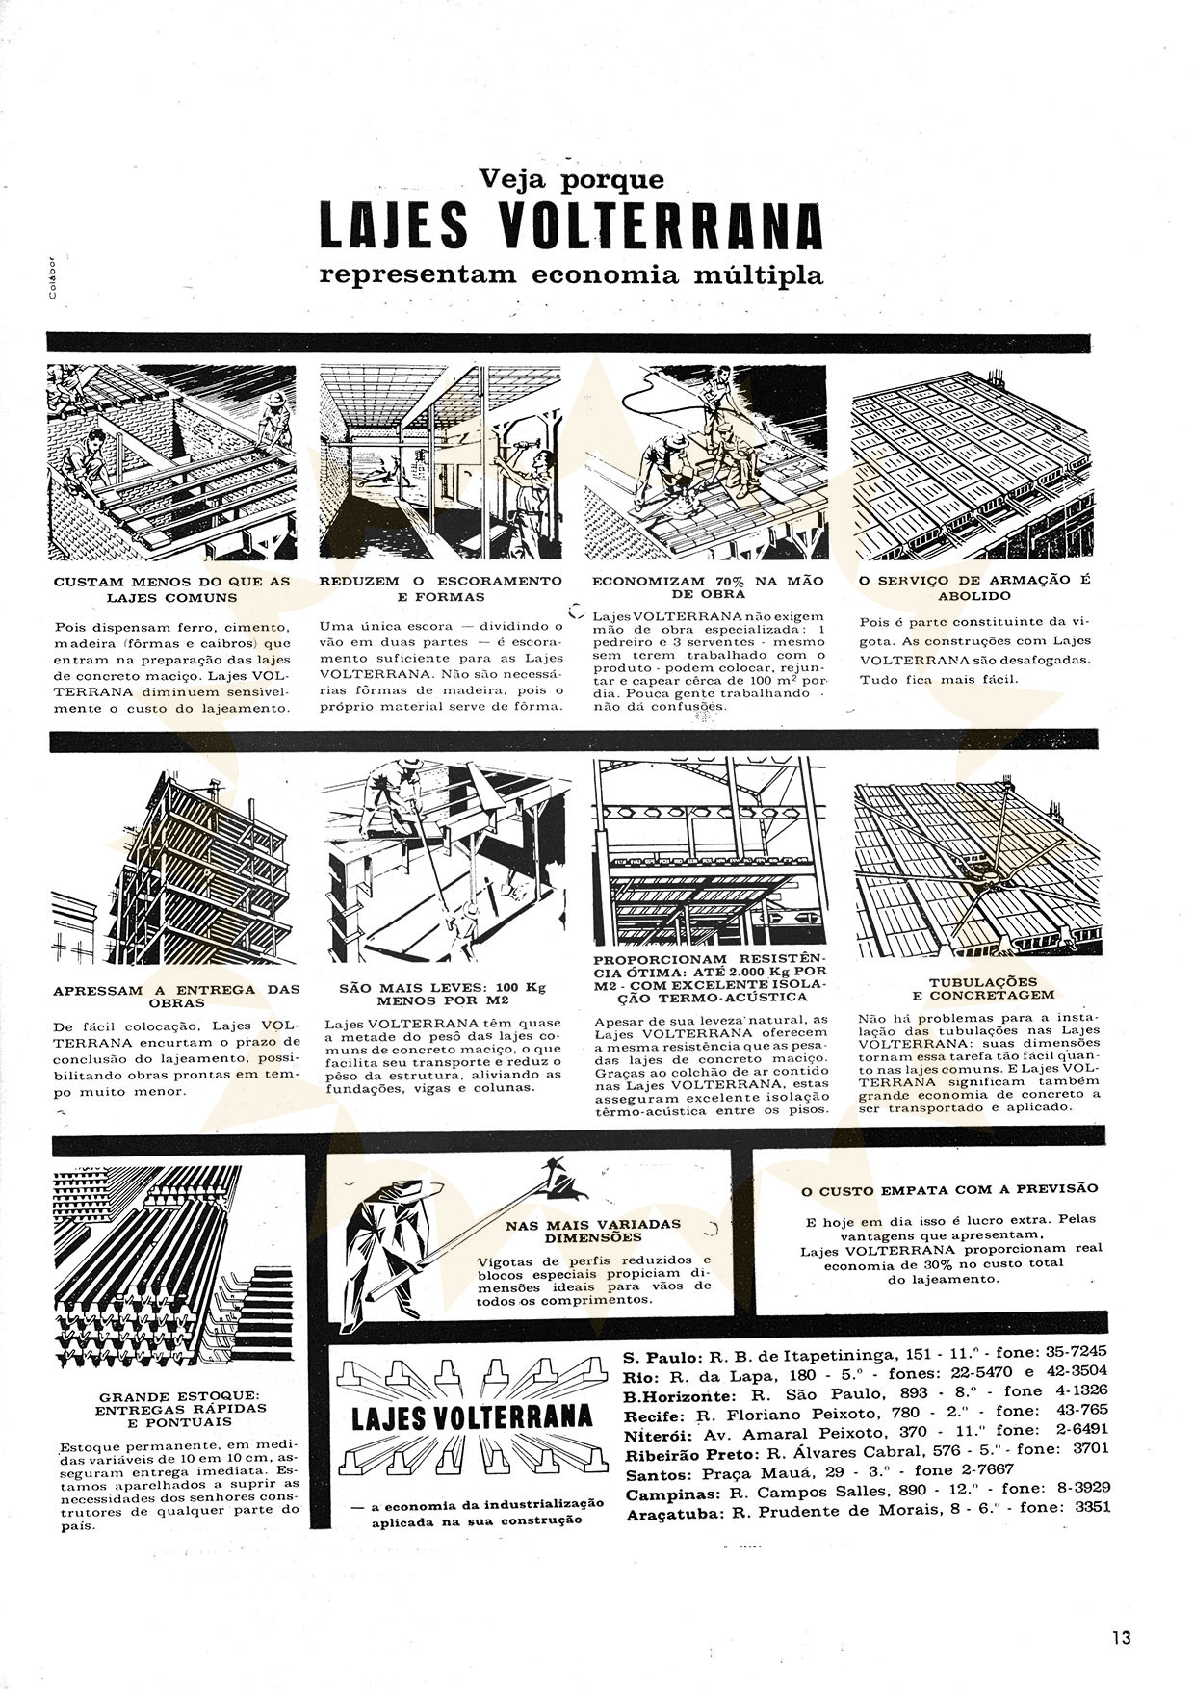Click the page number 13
pyautogui.click(x=1120, y=1638)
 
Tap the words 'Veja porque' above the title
pyautogui.click(x=572, y=179)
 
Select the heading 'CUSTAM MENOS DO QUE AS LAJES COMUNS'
pyautogui.click(x=171, y=589)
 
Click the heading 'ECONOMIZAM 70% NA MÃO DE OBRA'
pyautogui.click(x=708, y=588)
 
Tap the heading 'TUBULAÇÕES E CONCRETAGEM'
pyautogui.click(x=977, y=988)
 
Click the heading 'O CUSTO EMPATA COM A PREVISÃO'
pyautogui.click(x=949, y=1189)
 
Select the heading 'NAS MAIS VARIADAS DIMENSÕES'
pyautogui.click(x=593, y=1231)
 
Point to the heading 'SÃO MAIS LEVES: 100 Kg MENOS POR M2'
pyautogui.click(x=442, y=994)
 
